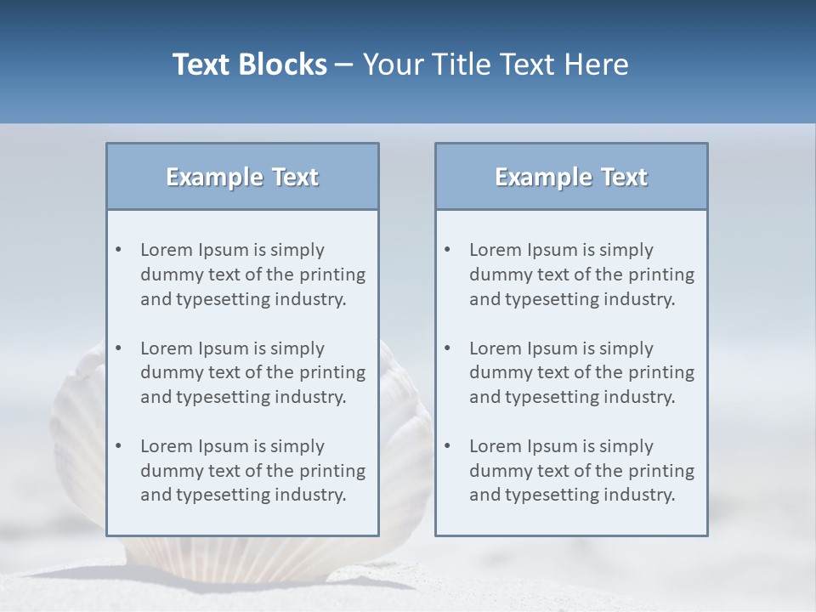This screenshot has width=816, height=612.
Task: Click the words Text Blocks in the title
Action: coord(249,65)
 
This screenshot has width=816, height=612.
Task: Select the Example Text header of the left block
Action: coord(242,177)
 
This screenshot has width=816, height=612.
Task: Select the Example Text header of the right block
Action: coord(571,177)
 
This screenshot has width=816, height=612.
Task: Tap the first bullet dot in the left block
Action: coord(119,250)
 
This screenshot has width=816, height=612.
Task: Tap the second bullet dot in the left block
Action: coord(119,348)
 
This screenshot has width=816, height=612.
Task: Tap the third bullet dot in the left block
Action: coord(119,446)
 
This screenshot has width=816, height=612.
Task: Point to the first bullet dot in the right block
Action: coord(448,250)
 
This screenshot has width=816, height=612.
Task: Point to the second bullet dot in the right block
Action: coord(448,348)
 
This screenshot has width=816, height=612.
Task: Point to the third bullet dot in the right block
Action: coord(448,446)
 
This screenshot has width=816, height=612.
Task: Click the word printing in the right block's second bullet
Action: coord(661,372)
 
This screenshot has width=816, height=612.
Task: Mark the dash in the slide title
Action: coord(345,65)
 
